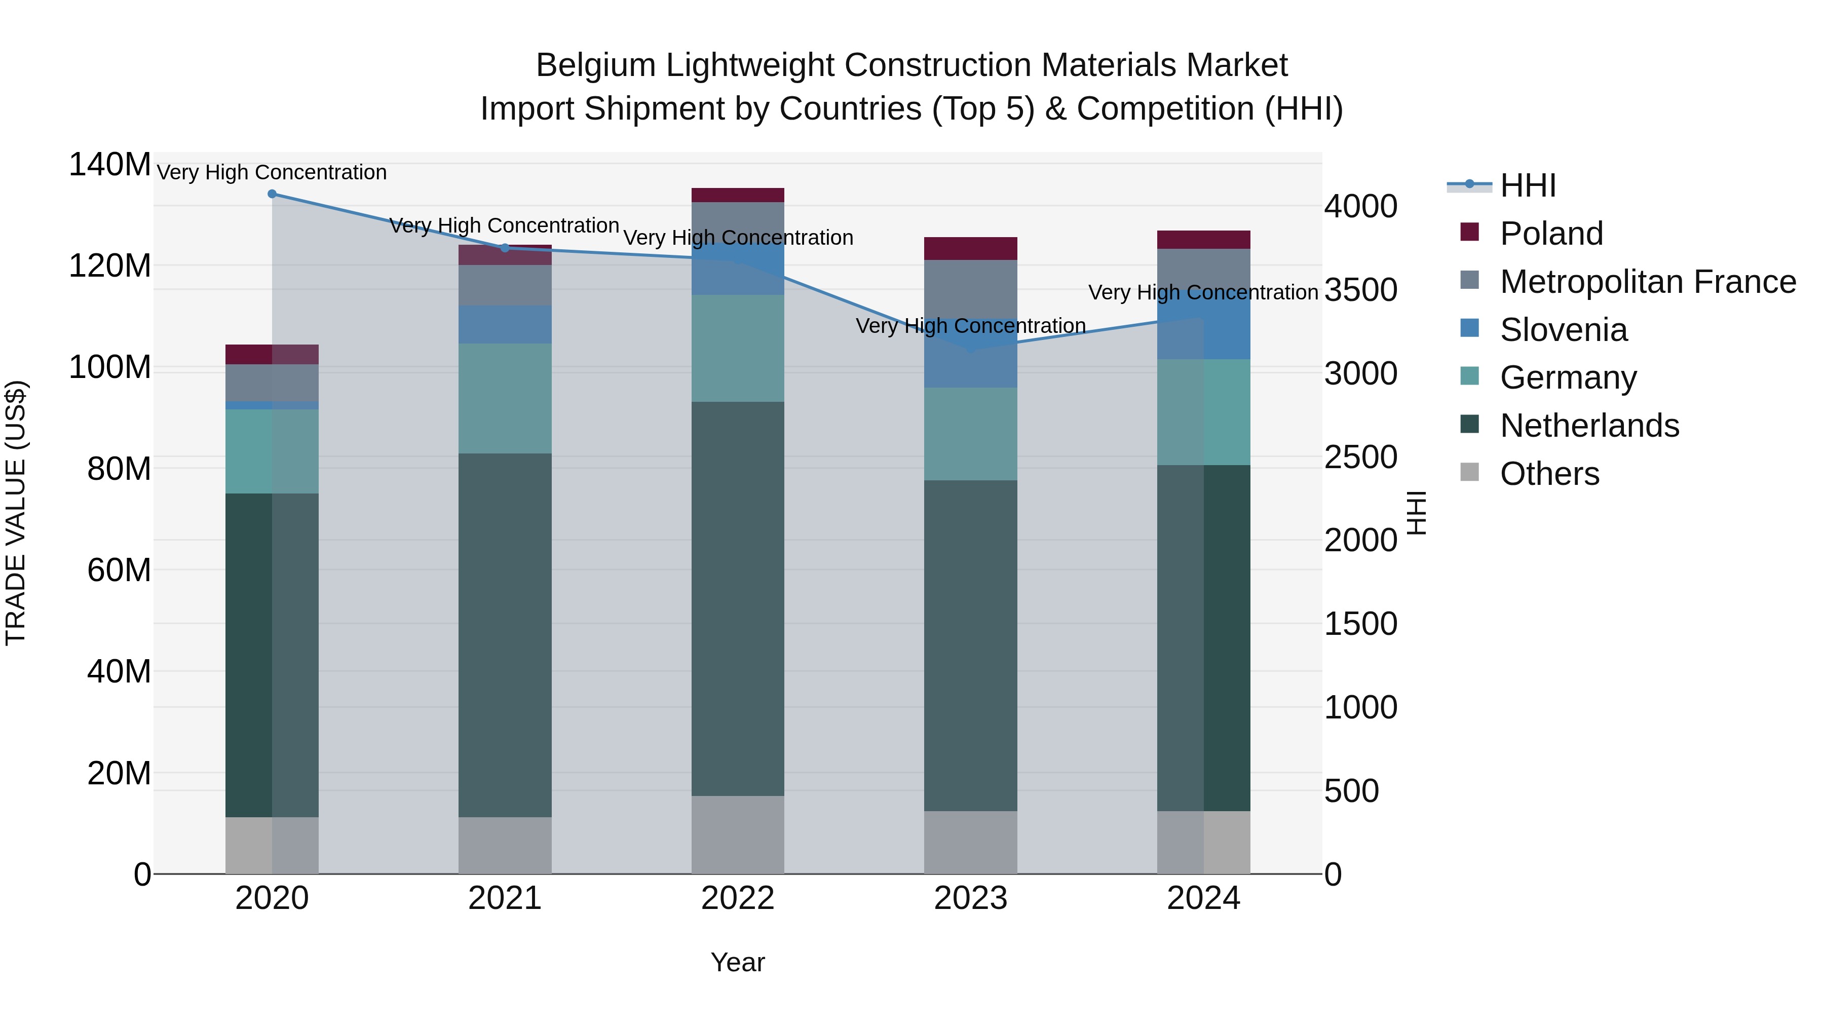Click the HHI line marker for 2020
272,194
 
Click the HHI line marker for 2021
505,248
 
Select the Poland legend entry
1551,234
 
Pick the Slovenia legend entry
1564,330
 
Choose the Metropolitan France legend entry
1647,282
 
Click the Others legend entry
1549,474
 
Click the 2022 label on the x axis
737,898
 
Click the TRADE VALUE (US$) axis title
16,513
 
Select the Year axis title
737,962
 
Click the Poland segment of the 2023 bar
970,249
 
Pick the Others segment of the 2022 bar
737,835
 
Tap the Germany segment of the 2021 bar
505,399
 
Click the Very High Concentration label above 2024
1202,292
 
